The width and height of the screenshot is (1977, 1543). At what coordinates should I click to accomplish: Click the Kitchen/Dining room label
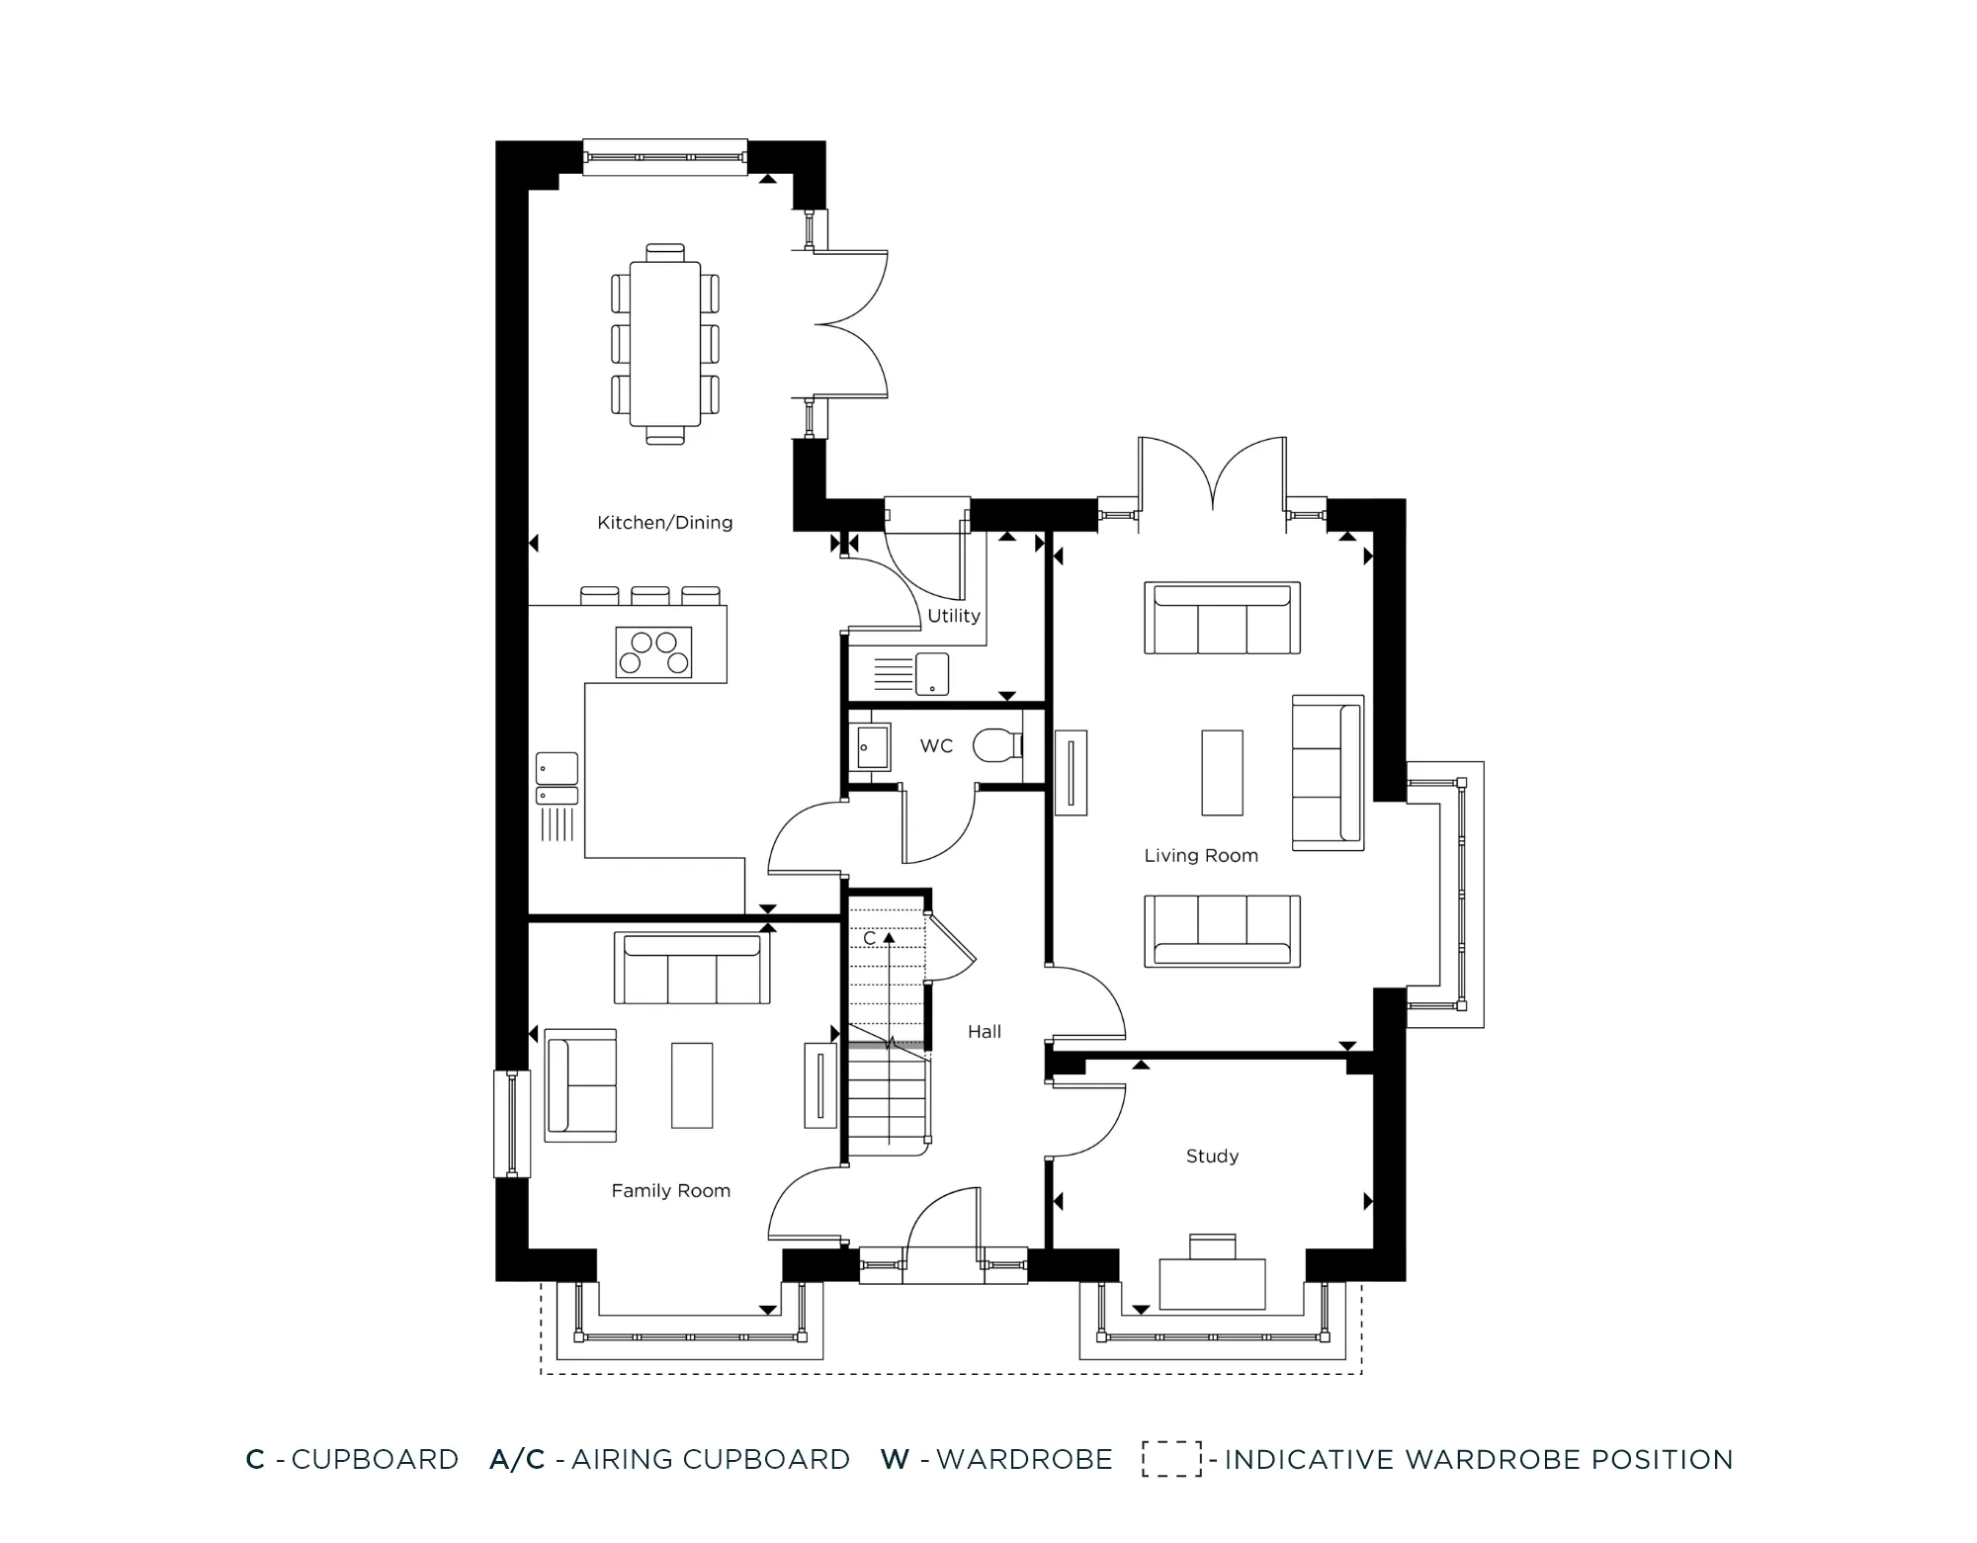(664, 523)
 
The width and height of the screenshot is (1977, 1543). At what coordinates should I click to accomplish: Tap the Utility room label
(953, 616)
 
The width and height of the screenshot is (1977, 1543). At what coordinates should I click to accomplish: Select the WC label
(936, 746)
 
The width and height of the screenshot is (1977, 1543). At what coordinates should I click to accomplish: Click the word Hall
(984, 1032)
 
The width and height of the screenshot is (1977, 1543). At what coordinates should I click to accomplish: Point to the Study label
(1212, 1157)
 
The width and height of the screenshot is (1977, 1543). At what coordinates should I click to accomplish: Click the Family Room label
(670, 1191)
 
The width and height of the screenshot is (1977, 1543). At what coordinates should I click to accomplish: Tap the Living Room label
(1200, 856)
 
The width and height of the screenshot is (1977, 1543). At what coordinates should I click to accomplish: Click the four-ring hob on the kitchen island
(653, 652)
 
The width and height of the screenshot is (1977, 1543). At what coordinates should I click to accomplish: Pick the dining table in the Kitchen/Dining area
(665, 344)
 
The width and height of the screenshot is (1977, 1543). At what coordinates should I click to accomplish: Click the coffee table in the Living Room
(1222, 773)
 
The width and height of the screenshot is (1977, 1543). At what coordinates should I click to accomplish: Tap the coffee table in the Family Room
(691, 1085)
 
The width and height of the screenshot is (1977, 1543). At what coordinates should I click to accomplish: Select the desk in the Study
(1212, 1282)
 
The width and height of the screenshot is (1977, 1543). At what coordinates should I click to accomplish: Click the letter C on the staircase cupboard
(869, 938)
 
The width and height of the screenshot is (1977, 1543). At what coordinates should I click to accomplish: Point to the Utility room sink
(931, 673)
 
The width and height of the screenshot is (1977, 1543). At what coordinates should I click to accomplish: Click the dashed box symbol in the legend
(1171, 1459)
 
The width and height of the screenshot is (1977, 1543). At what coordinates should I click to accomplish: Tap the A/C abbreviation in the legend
(517, 1460)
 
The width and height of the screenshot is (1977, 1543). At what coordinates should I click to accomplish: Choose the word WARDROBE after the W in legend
(1024, 1460)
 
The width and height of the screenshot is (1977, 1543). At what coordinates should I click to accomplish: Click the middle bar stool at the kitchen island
(649, 595)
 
